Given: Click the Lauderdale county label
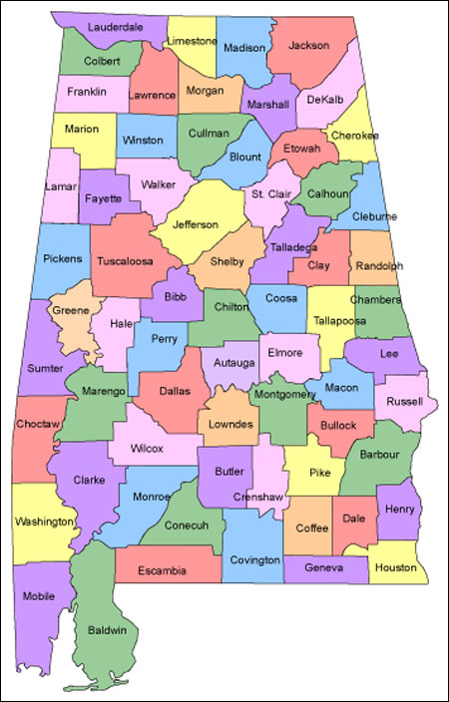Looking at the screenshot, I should pos(115,27).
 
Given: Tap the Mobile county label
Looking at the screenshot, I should pos(39,596).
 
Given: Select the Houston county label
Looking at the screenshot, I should pos(397,567).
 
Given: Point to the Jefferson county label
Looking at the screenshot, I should pos(196,224).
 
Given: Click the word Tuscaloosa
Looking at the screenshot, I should pos(126,261).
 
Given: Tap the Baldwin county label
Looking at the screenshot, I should pos(107,630).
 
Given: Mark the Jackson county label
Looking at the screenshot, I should pos(309,45).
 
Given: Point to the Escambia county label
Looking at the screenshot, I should pos(165,571).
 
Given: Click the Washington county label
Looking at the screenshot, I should pos(44,522).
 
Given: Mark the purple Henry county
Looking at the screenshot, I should pos(399,510).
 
